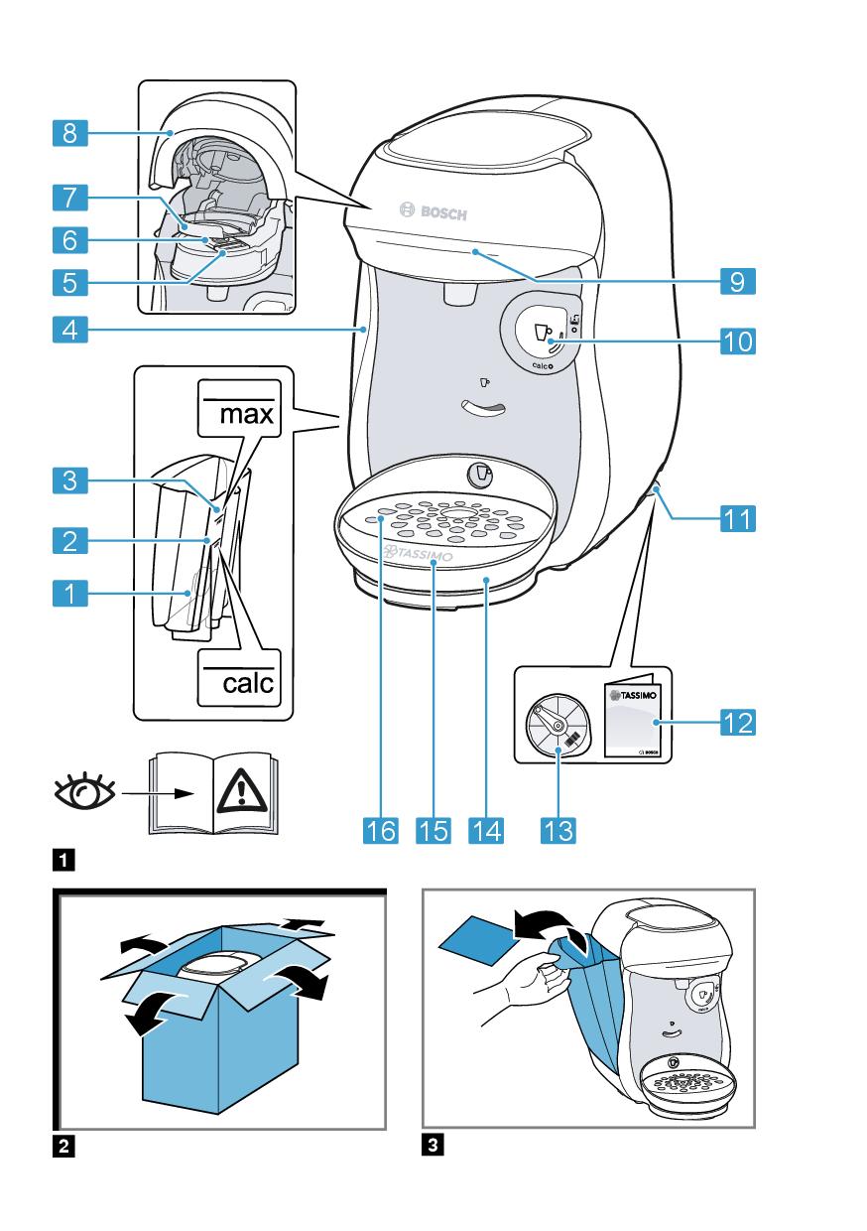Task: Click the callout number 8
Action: [x=69, y=133]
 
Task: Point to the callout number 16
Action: [x=381, y=829]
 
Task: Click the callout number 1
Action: [x=69, y=596]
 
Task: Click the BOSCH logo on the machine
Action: [x=432, y=211]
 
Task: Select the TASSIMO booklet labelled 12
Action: [x=633, y=721]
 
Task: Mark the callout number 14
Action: [x=487, y=829]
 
